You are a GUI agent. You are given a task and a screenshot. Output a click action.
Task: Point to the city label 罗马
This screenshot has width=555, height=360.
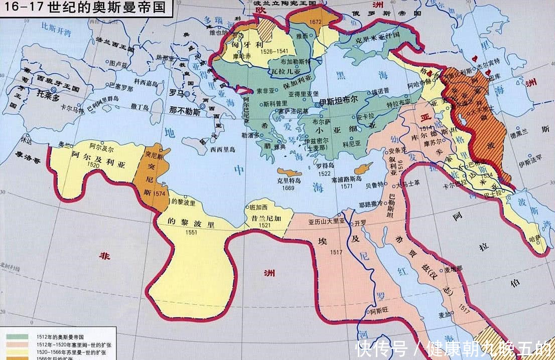[176, 93]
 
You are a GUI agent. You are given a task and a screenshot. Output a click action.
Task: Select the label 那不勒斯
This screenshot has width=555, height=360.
[185, 112]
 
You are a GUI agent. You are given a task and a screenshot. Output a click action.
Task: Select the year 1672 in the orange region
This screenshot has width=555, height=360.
[316, 22]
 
